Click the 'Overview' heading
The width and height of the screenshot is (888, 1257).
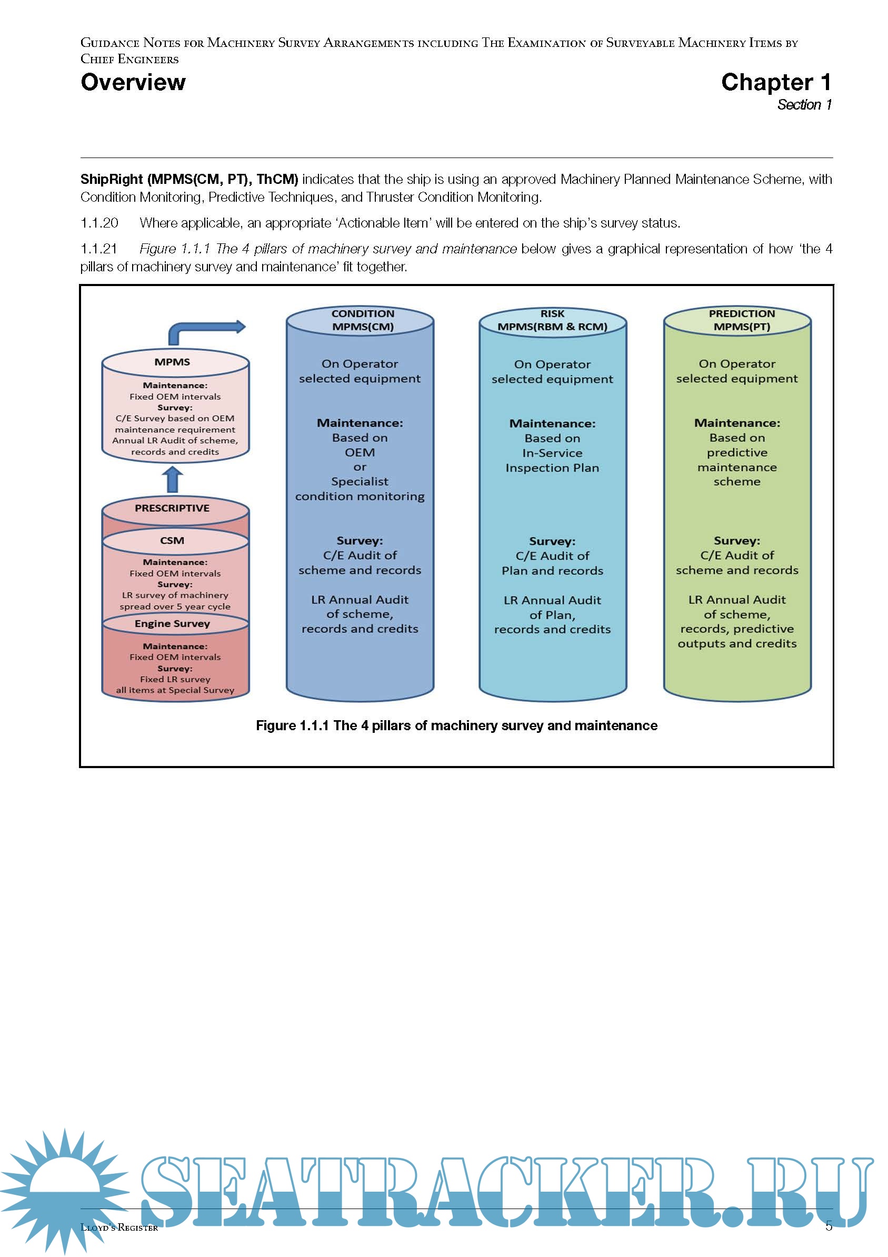pos(133,82)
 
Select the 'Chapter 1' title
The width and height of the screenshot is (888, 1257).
pos(775,82)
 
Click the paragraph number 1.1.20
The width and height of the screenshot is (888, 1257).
pos(99,223)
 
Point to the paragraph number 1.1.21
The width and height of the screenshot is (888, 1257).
pos(99,249)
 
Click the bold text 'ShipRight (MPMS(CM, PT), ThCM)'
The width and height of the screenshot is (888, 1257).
pos(189,179)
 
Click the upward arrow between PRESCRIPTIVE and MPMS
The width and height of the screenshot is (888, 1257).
pos(173,479)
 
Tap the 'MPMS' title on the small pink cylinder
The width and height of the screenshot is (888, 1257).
pos(172,362)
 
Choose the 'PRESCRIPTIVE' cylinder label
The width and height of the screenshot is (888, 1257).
pos(172,508)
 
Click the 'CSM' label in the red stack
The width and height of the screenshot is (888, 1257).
pos(172,541)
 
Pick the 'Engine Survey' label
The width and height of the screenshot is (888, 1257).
pos(172,624)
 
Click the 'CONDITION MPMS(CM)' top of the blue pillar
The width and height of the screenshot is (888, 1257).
pos(363,320)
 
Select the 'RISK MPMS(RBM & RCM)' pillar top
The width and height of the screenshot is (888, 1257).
pos(552,320)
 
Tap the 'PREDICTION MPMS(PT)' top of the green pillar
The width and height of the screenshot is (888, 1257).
pos(741,320)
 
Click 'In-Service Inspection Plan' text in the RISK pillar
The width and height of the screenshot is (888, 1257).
pos(552,460)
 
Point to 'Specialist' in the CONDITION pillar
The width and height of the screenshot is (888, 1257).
pos(360,481)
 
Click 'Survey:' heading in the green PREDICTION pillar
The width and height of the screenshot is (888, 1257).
pos(736,541)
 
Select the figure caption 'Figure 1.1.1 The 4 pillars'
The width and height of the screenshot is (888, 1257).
pos(456,725)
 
